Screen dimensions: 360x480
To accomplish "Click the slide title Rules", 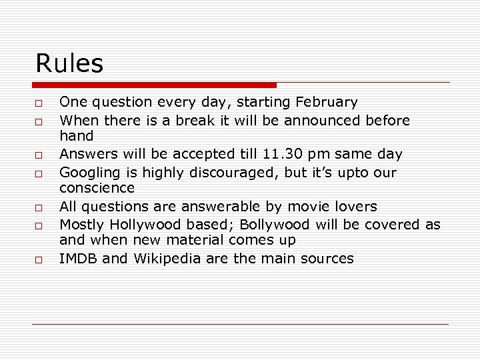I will (69, 64).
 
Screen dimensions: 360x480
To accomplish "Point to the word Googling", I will (89, 173).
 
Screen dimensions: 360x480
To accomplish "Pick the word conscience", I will (97, 189).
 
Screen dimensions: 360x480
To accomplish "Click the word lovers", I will (355, 207).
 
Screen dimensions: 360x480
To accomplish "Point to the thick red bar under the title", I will (155, 85).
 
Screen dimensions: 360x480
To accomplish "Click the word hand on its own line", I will (77, 137).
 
